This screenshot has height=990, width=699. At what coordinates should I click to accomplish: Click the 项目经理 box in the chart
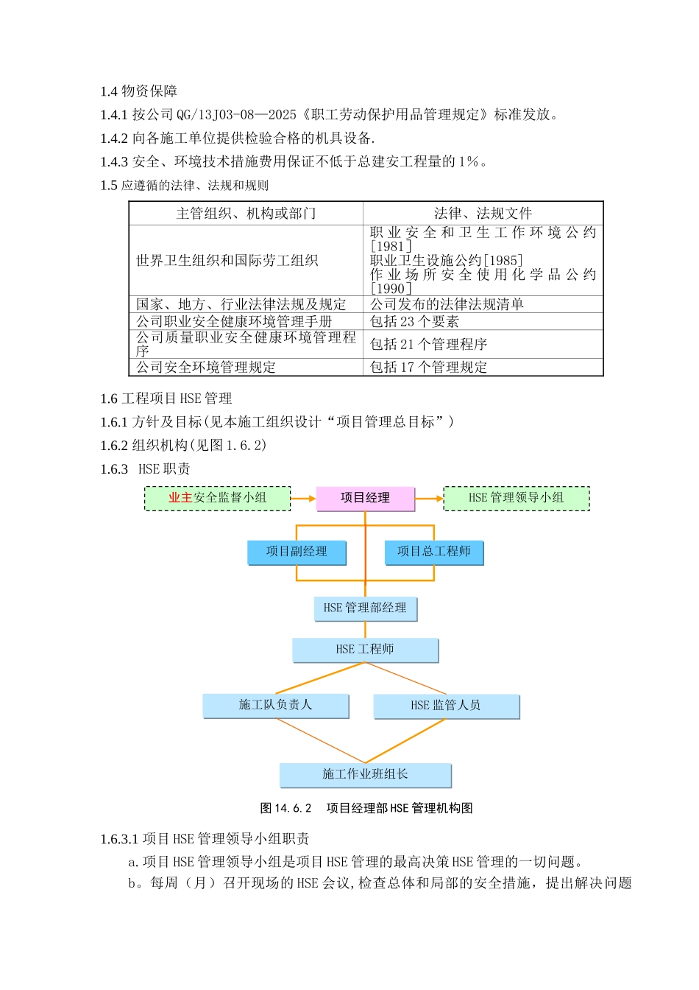pyautogui.click(x=365, y=498)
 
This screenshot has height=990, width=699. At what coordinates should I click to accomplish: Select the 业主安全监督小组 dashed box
pyautogui.click(x=217, y=498)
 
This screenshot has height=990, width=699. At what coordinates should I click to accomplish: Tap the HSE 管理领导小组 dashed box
pyautogui.click(x=516, y=498)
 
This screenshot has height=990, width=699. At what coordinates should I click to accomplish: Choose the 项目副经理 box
pyautogui.click(x=297, y=552)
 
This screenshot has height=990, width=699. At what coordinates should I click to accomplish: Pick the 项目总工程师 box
pyautogui.click(x=434, y=552)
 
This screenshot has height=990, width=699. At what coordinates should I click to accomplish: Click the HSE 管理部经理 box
pyautogui.click(x=365, y=608)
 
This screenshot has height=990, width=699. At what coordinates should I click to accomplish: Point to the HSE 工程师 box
pyautogui.click(x=365, y=650)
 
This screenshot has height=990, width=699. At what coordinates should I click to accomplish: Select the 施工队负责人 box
pyautogui.click(x=275, y=705)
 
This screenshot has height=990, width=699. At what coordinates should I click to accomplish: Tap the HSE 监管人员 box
pyautogui.click(x=446, y=706)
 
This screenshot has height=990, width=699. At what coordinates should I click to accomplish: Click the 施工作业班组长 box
pyautogui.click(x=365, y=774)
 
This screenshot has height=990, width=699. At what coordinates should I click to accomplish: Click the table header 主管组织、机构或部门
pyautogui.click(x=246, y=214)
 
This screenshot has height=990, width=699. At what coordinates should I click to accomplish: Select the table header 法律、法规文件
pyautogui.click(x=483, y=214)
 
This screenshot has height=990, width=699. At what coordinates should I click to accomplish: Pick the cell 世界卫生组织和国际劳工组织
pyautogui.click(x=227, y=261)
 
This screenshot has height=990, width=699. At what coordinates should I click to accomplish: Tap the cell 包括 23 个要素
pyautogui.click(x=414, y=322)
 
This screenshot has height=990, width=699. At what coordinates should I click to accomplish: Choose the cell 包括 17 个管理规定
pyautogui.click(x=428, y=368)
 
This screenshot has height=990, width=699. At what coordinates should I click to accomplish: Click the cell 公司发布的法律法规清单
pyautogui.click(x=447, y=304)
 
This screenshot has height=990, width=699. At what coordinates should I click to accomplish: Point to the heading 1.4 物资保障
pyautogui.click(x=139, y=91)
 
